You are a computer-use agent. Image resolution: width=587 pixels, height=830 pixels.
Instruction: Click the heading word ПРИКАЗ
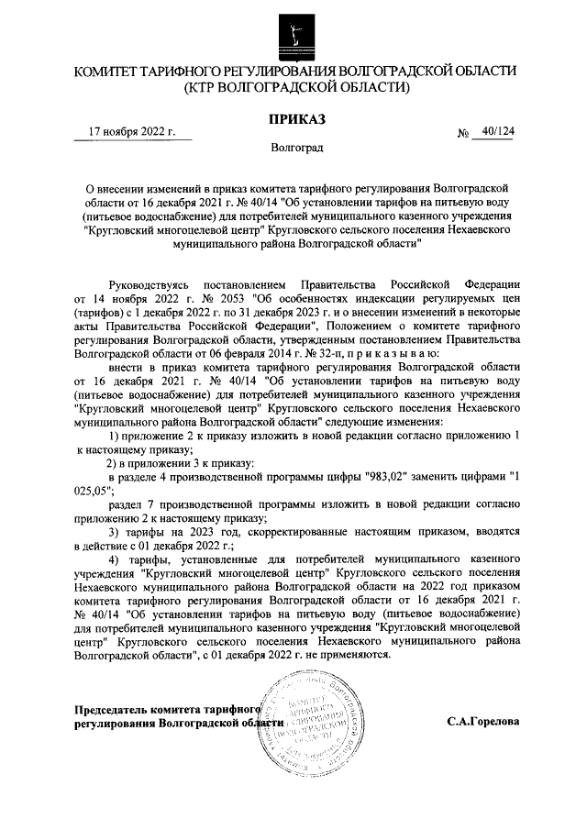point(293,119)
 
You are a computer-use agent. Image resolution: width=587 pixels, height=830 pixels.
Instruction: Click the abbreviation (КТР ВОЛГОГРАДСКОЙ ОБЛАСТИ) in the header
point(293,88)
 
